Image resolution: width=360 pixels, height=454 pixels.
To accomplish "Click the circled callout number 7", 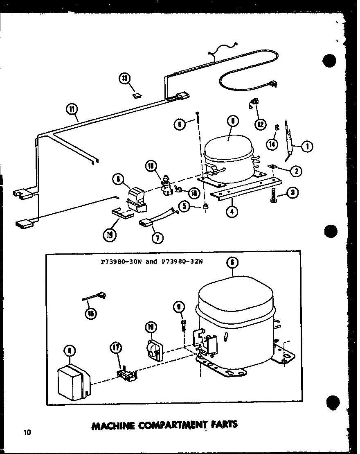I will coord(156,236).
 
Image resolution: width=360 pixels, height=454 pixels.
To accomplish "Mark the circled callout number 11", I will coord(72,109).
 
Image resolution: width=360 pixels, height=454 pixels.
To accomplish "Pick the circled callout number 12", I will coord(260,124).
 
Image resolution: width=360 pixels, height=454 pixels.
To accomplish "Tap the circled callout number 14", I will coord(272,144).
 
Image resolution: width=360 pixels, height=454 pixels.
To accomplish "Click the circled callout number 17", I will coord(116,348).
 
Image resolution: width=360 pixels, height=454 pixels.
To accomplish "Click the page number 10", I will coord(27,432).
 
